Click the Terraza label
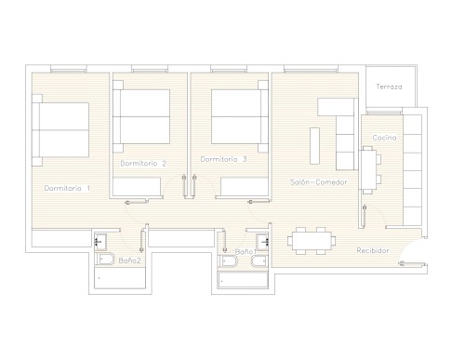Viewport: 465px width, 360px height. coord(389,87)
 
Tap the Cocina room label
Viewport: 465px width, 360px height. coord(384,138)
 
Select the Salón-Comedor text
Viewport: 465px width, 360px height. coord(319,182)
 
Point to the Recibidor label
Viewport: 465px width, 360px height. coord(373,250)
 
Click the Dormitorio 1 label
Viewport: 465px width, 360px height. coord(67,188)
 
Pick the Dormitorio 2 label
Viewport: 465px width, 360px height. coord(143,164)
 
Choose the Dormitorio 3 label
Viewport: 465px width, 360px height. coord(223,159)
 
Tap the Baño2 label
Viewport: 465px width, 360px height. coord(129,260)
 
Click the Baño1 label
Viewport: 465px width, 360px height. coord(246,252)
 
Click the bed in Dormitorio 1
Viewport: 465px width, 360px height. coord(60,130)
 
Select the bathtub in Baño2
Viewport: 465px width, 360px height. coord(120,278)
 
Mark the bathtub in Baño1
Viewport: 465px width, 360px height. coord(243,280)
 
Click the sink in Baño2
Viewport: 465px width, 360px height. coord(100,241)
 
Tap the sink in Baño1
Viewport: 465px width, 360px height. coord(262,241)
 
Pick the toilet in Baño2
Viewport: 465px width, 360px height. coord(105,260)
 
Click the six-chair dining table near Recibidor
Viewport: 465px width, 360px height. coord(312,241)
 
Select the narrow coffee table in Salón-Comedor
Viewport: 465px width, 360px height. coord(314,146)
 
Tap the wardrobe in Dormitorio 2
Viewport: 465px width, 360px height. coord(137,187)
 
